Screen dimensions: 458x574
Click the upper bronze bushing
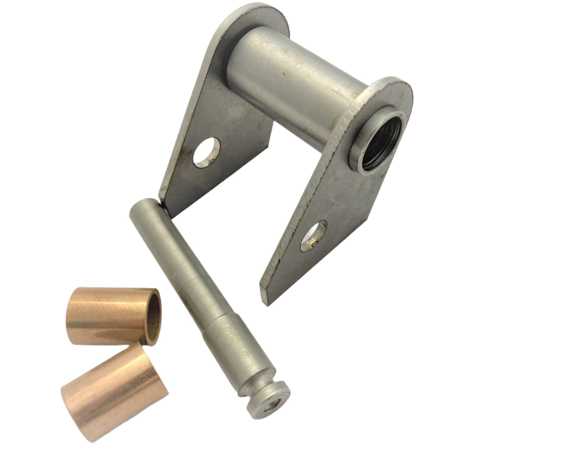point(115,315)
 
